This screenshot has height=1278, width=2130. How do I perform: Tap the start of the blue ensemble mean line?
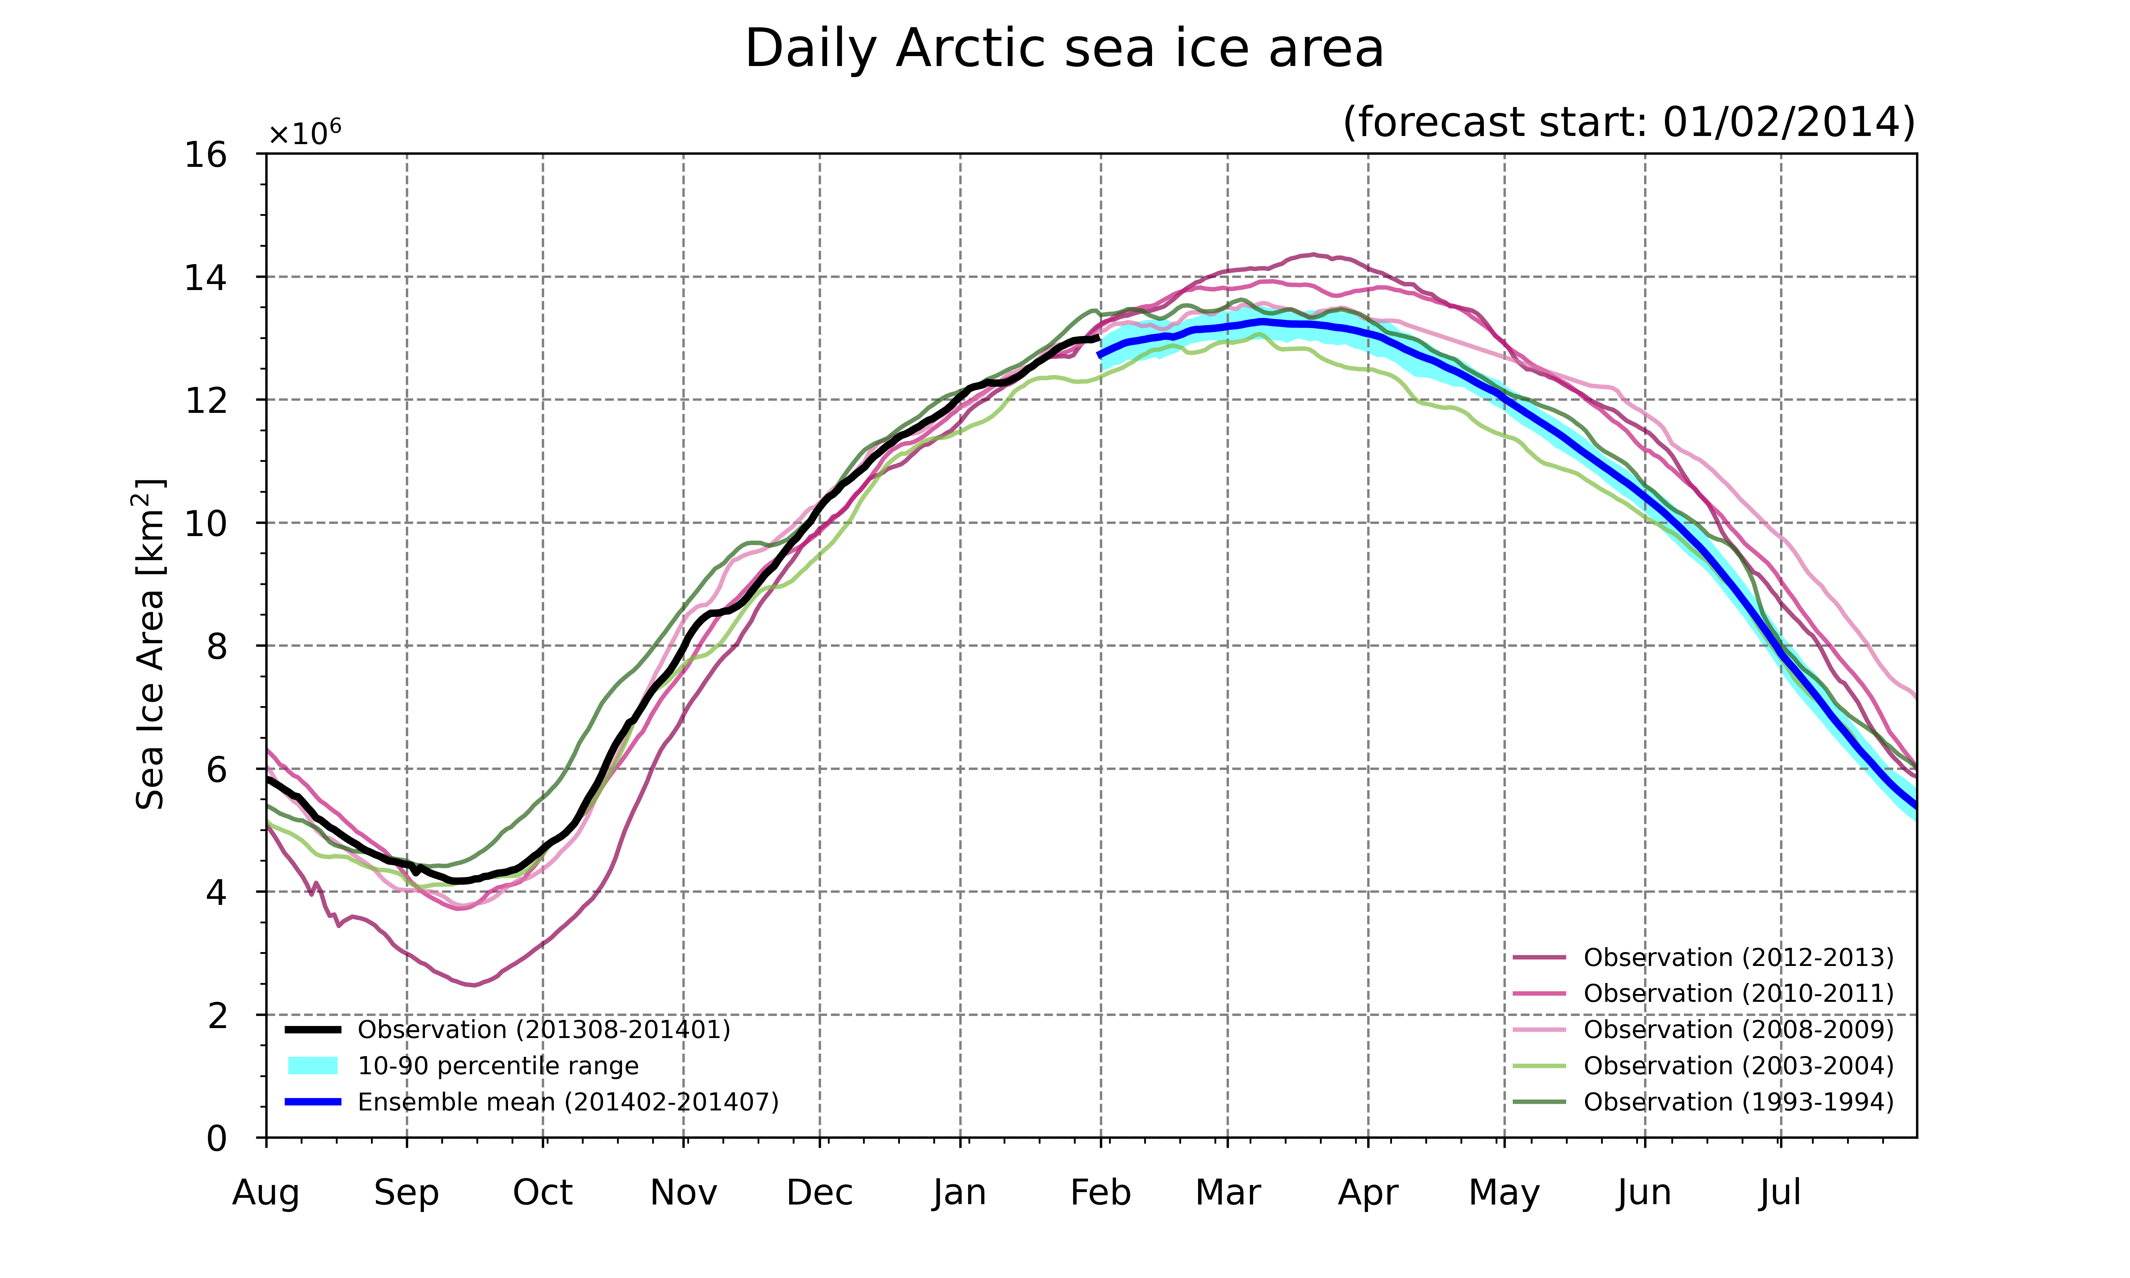[x=1099, y=355]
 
